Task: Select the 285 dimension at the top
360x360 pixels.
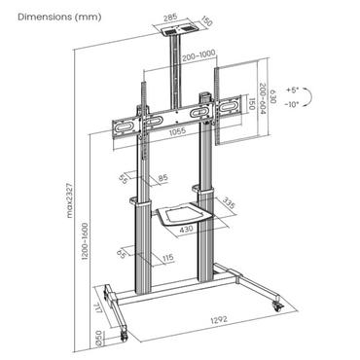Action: tap(172, 18)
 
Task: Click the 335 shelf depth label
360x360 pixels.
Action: tap(227, 203)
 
